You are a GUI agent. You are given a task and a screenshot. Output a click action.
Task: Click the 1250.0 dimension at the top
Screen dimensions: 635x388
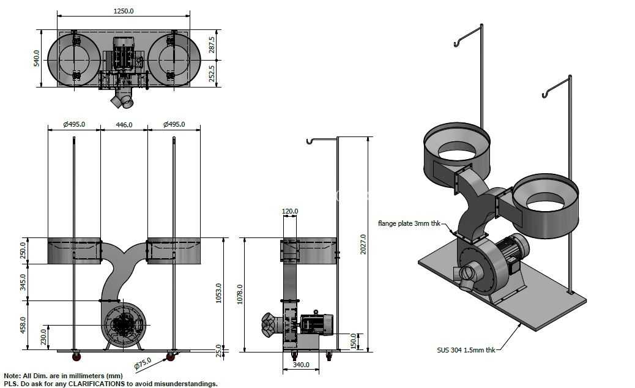[124, 11]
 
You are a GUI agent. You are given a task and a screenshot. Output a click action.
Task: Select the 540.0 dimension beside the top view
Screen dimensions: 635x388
[37, 58]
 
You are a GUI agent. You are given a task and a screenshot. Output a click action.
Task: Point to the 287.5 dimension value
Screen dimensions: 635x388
[212, 45]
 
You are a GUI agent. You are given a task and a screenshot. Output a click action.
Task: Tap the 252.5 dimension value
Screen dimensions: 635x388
[212, 73]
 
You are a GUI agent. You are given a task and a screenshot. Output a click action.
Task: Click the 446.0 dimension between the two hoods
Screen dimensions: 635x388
[124, 125]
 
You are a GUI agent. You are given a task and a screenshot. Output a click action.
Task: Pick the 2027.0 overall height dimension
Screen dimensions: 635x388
[363, 244]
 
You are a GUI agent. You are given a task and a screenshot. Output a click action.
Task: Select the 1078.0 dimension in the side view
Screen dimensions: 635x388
[239, 294]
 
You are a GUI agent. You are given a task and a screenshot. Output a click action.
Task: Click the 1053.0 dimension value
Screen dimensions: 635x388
[218, 293]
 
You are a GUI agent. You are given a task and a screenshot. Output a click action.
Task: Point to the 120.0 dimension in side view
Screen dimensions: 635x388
[290, 211]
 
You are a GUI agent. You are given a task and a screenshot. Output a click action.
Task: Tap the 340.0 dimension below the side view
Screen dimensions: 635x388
[301, 365]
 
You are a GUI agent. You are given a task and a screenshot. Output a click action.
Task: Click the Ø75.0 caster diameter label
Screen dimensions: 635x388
[143, 364]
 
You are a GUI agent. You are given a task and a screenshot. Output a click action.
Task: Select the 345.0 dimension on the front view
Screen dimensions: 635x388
[23, 282]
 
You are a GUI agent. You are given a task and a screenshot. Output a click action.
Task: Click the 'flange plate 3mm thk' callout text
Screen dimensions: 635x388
[409, 223]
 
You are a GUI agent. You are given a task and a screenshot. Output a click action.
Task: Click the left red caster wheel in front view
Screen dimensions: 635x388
[76, 357]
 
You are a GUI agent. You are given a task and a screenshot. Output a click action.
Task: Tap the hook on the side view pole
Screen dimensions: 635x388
[310, 141]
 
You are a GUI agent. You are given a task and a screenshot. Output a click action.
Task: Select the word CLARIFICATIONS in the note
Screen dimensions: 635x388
[97, 384]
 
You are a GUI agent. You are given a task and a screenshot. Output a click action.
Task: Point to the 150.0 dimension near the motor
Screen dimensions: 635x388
[354, 341]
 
